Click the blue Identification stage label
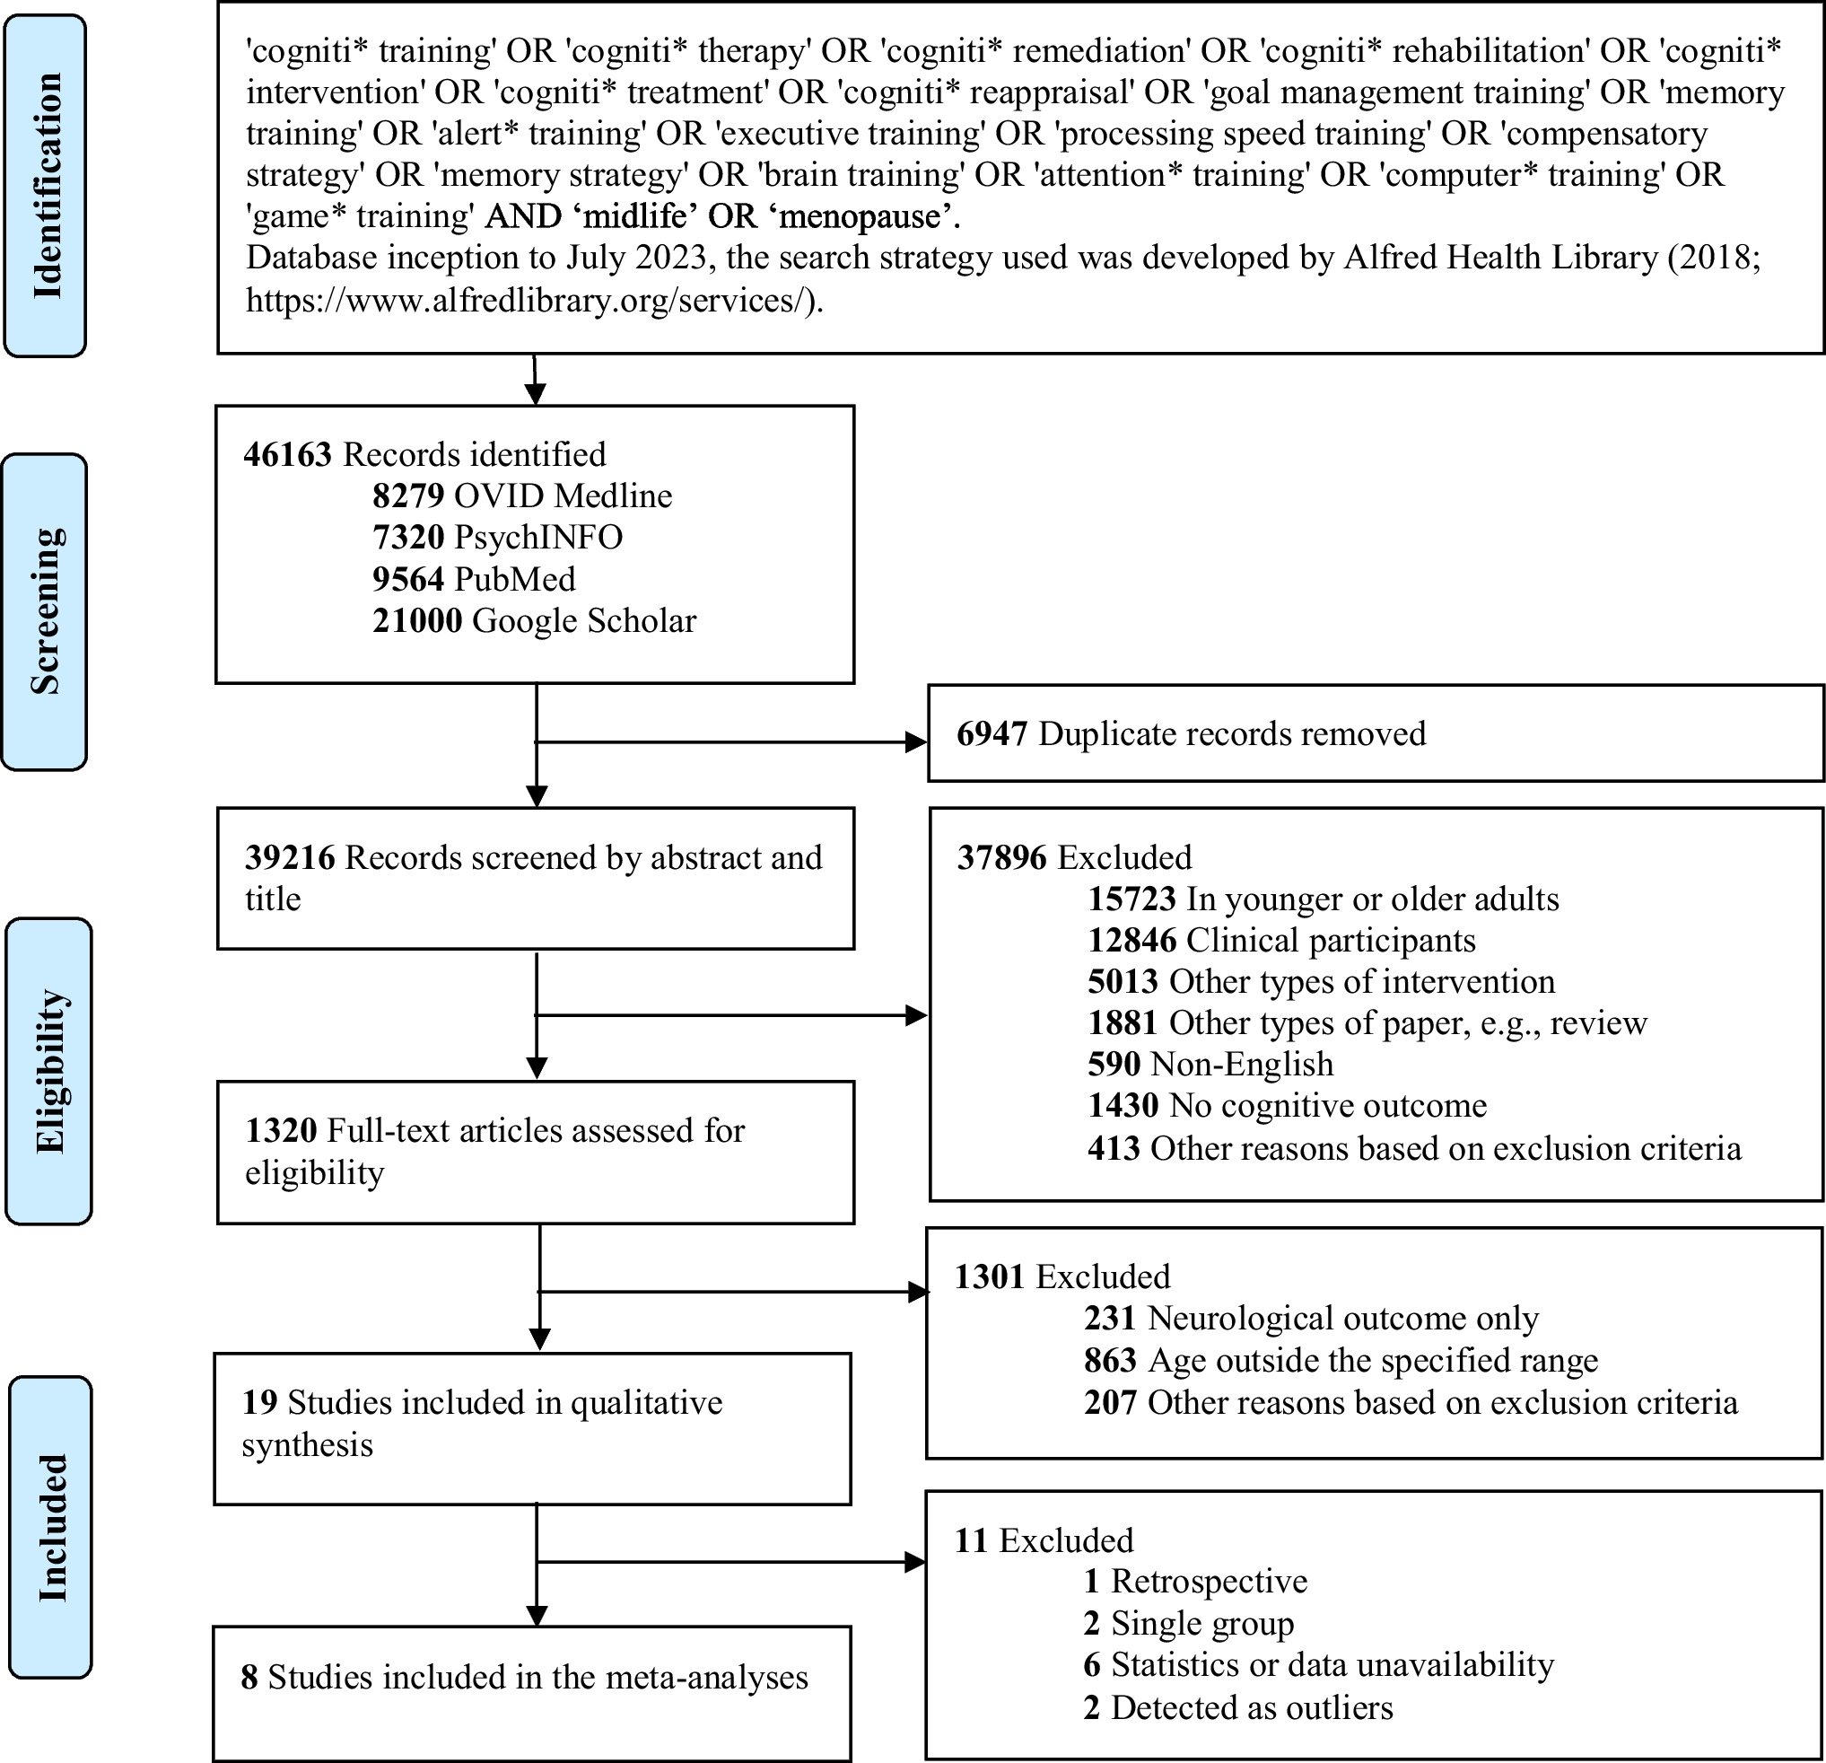[x=46, y=186]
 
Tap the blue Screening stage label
[x=45, y=611]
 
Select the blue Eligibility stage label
[x=49, y=1071]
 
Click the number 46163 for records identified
[x=287, y=455]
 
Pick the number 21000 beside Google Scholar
[x=416, y=620]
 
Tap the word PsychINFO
[x=537, y=538]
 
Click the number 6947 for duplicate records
[x=992, y=734]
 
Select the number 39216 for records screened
[x=290, y=858]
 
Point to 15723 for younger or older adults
[x=1131, y=899]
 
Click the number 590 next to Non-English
[x=1114, y=1064]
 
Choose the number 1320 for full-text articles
[x=281, y=1131]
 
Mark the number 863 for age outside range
[x=1110, y=1361]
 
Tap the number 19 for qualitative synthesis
[x=259, y=1402]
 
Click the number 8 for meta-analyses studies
[x=249, y=1677]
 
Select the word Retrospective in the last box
[x=1209, y=1582]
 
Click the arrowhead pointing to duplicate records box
[x=917, y=741]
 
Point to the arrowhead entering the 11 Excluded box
[x=915, y=1562]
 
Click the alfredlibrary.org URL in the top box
[x=534, y=300]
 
